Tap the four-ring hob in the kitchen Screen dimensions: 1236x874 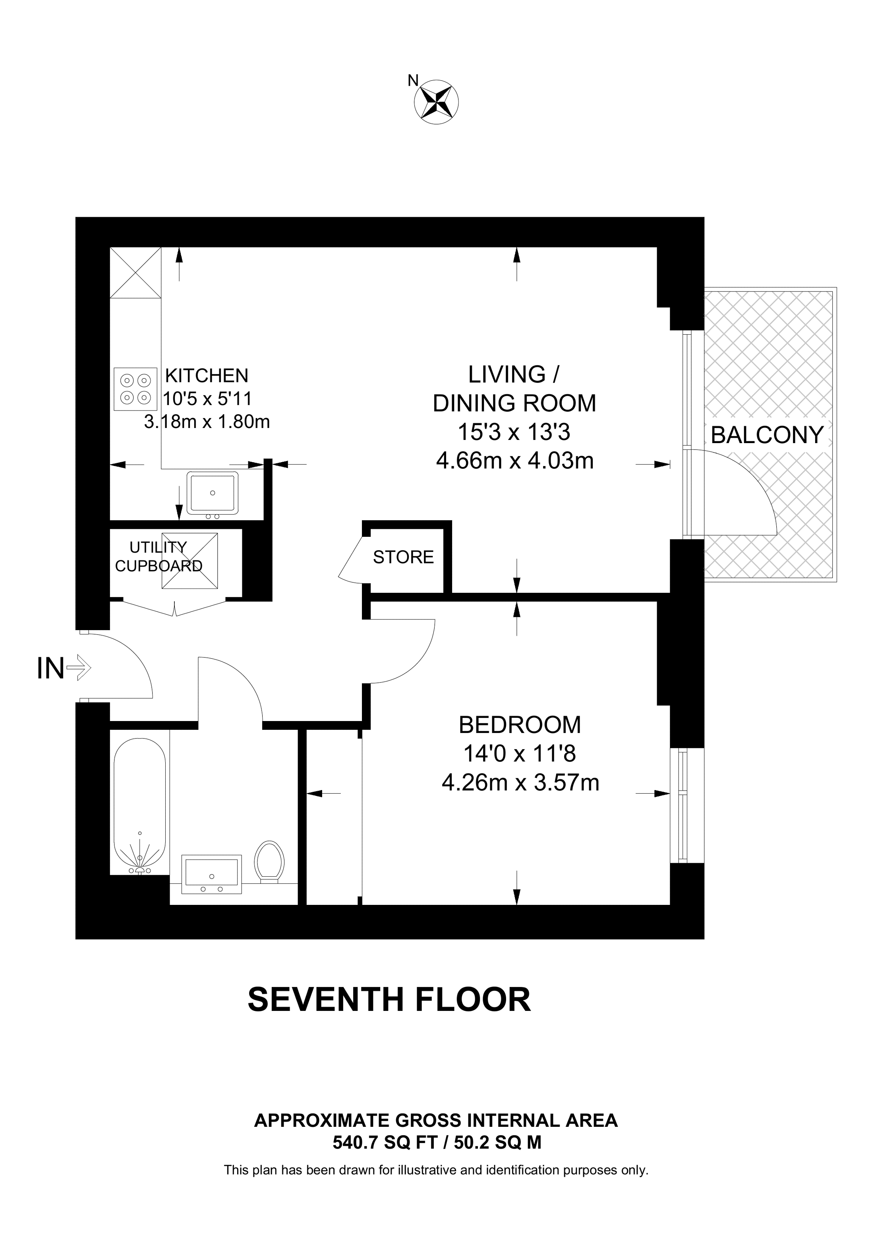(x=135, y=389)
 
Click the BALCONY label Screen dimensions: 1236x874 (x=767, y=435)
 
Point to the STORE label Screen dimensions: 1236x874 (x=403, y=557)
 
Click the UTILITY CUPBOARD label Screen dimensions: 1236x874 (x=159, y=557)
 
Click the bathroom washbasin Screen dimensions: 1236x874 (x=211, y=873)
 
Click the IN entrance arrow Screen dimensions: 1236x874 (x=79, y=669)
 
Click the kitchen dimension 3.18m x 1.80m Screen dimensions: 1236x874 (x=207, y=422)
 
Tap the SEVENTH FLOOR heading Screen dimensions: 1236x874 (x=389, y=1000)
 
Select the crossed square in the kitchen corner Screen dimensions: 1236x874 (x=136, y=272)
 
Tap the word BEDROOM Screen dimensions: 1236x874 (x=520, y=725)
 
